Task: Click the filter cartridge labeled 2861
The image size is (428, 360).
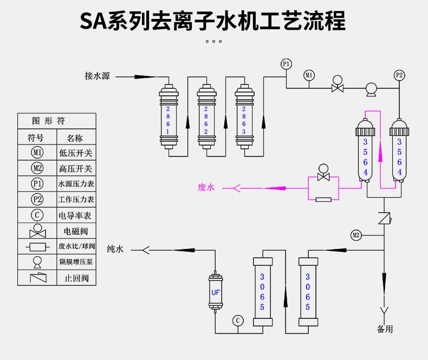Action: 168,116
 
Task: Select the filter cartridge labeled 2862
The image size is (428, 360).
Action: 206,116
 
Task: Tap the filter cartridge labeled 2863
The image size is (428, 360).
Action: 244,116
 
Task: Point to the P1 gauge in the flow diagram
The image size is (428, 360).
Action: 286,64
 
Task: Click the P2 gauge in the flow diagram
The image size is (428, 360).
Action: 399,75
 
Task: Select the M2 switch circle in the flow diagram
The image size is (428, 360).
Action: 355,235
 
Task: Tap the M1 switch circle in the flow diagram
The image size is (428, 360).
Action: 309,75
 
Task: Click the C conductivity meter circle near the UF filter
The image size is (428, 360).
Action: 238,320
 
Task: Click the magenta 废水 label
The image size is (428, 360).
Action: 206,187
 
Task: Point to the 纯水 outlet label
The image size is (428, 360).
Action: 115,249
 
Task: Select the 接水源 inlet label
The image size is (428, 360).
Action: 97,76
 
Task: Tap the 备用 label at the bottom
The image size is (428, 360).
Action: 385,329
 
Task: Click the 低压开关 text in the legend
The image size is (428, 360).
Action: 75,153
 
